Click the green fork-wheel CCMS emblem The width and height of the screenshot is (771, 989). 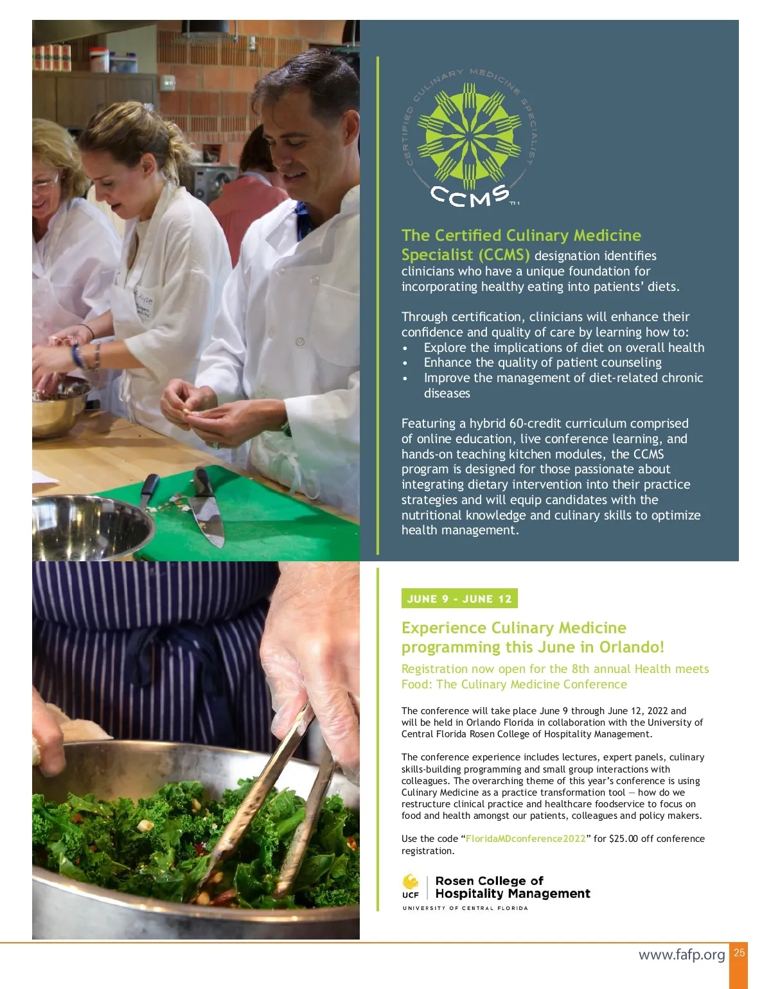(x=469, y=136)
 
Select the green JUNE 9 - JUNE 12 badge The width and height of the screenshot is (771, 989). (x=459, y=599)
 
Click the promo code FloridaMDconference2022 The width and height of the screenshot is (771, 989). (x=526, y=838)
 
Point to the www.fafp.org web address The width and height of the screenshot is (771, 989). (x=681, y=954)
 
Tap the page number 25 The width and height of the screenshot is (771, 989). (x=739, y=952)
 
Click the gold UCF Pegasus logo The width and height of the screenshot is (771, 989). (x=410, y=882)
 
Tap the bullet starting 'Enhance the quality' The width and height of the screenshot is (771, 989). (x=542, y=362)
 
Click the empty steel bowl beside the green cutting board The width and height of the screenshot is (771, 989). (x=91, y=528)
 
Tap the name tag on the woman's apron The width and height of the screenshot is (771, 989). (x=144, y=304)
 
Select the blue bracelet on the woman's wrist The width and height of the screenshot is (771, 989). (x=77, y=356)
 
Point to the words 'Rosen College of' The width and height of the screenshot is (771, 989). (x=489, y=880)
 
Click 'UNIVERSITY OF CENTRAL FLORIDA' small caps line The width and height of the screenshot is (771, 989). (x=465, y=908)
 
